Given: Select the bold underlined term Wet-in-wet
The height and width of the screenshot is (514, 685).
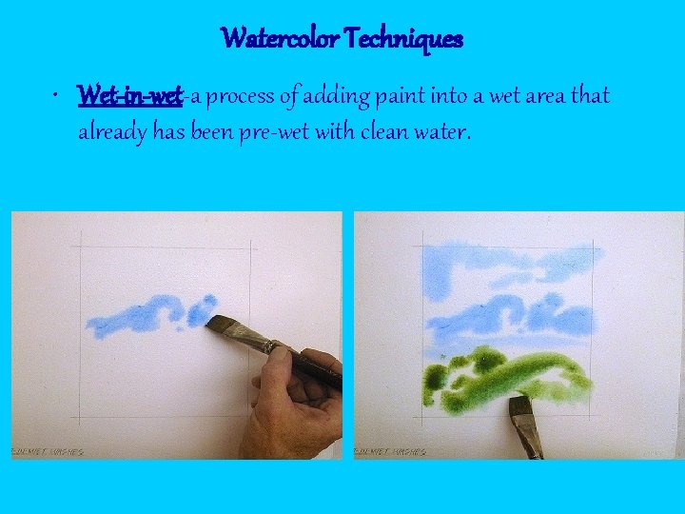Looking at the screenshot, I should pos(129,96).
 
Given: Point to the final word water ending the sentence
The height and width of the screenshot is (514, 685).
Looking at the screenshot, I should pos(445,132).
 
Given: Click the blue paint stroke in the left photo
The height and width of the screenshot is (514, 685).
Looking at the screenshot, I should pos(143,317).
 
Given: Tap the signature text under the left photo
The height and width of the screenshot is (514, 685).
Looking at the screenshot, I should pos(48,451).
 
